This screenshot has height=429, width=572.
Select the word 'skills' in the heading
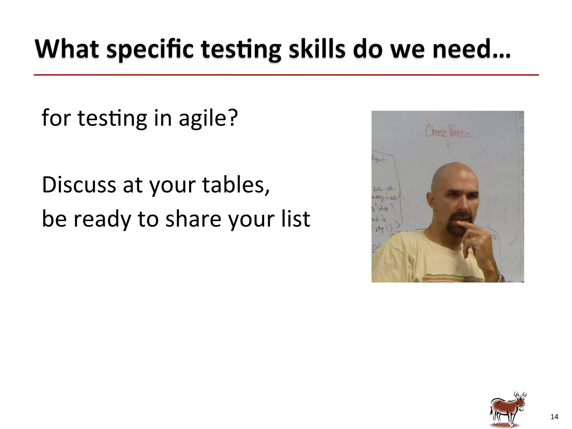(x=317, y=49)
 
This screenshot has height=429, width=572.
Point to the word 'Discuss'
(x=79, y=185)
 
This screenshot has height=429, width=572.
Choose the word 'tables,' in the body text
(x=236, y=185)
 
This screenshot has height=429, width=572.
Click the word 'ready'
(x=102, y=219)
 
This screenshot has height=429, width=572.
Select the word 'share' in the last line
(x=193, y=218)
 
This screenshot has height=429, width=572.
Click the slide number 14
(x=554, y=417)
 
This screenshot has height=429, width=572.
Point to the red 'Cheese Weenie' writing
(x=448, y=132)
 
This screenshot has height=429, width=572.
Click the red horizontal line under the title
(x=286, y=75)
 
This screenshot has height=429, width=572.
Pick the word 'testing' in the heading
(x=241, y=50)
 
